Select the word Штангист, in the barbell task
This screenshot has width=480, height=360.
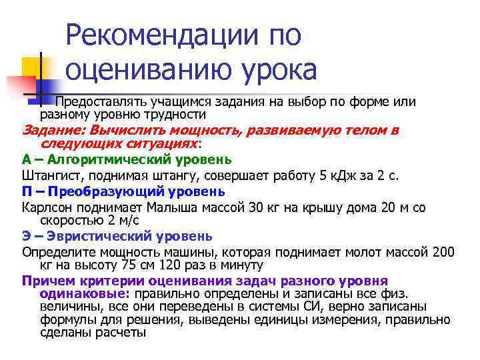[49, 175]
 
